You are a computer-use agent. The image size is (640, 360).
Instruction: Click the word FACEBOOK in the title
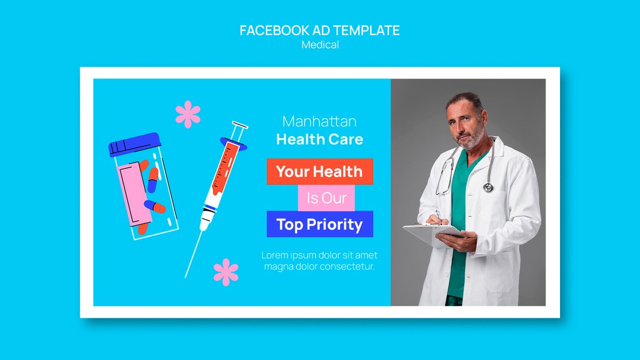click(x=274, y=30)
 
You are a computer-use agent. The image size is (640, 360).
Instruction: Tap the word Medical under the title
click(x=320, y=45)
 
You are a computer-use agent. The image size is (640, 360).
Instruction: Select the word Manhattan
click(x=319, y=122)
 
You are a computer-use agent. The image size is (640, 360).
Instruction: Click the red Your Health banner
click(x=319, y=171)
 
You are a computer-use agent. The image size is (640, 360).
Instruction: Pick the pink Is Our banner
click(x=326, y=198)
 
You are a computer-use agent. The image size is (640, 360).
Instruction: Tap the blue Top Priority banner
click(x=319, y=224)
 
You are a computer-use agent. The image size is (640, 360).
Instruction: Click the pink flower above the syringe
click(x=188, y=114)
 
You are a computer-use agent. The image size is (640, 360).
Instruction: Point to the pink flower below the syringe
click(x=226, y=273)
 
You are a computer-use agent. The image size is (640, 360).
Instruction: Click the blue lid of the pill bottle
click(x=134, y=145)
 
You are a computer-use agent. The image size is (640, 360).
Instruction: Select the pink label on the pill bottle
click(x=134, y=194)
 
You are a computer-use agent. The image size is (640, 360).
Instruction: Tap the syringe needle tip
click(x=186, y=277)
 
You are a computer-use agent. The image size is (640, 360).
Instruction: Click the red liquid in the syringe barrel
click(x=225, y=169)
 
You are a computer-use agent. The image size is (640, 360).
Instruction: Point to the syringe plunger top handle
click(x=240, y=125)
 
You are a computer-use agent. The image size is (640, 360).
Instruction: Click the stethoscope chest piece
click(x=488, y=187)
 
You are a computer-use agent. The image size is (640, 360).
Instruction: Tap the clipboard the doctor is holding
click(x=433, y=233)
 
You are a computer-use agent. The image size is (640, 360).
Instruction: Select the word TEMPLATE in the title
click(x=366, y=30)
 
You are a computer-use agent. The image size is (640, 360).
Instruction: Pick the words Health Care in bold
click(x=319, y=139)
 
